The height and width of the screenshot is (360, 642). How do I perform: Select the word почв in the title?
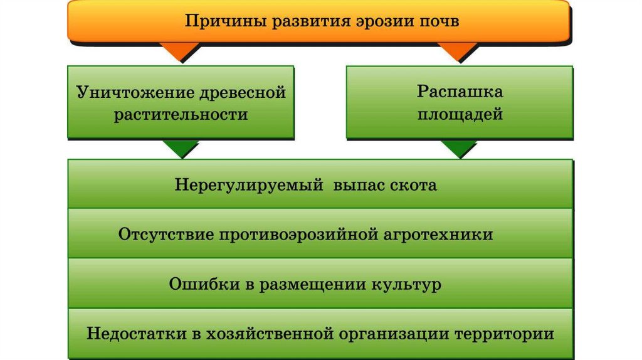(438, 21)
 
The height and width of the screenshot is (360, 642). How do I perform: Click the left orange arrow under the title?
(182, 52)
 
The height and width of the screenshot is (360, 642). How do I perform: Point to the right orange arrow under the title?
(457, 52)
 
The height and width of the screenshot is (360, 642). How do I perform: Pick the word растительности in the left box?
(181, 115)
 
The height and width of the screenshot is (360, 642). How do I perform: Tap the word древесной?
(242, 93)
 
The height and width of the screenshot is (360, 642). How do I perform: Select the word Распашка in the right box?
(460, 92)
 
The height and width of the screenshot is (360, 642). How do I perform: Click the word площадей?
(460, 115)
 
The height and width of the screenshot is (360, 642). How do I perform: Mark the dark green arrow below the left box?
(181, 149)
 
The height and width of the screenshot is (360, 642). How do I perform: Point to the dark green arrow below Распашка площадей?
(458, 149)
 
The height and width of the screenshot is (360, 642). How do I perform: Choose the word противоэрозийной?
(298, 235)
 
